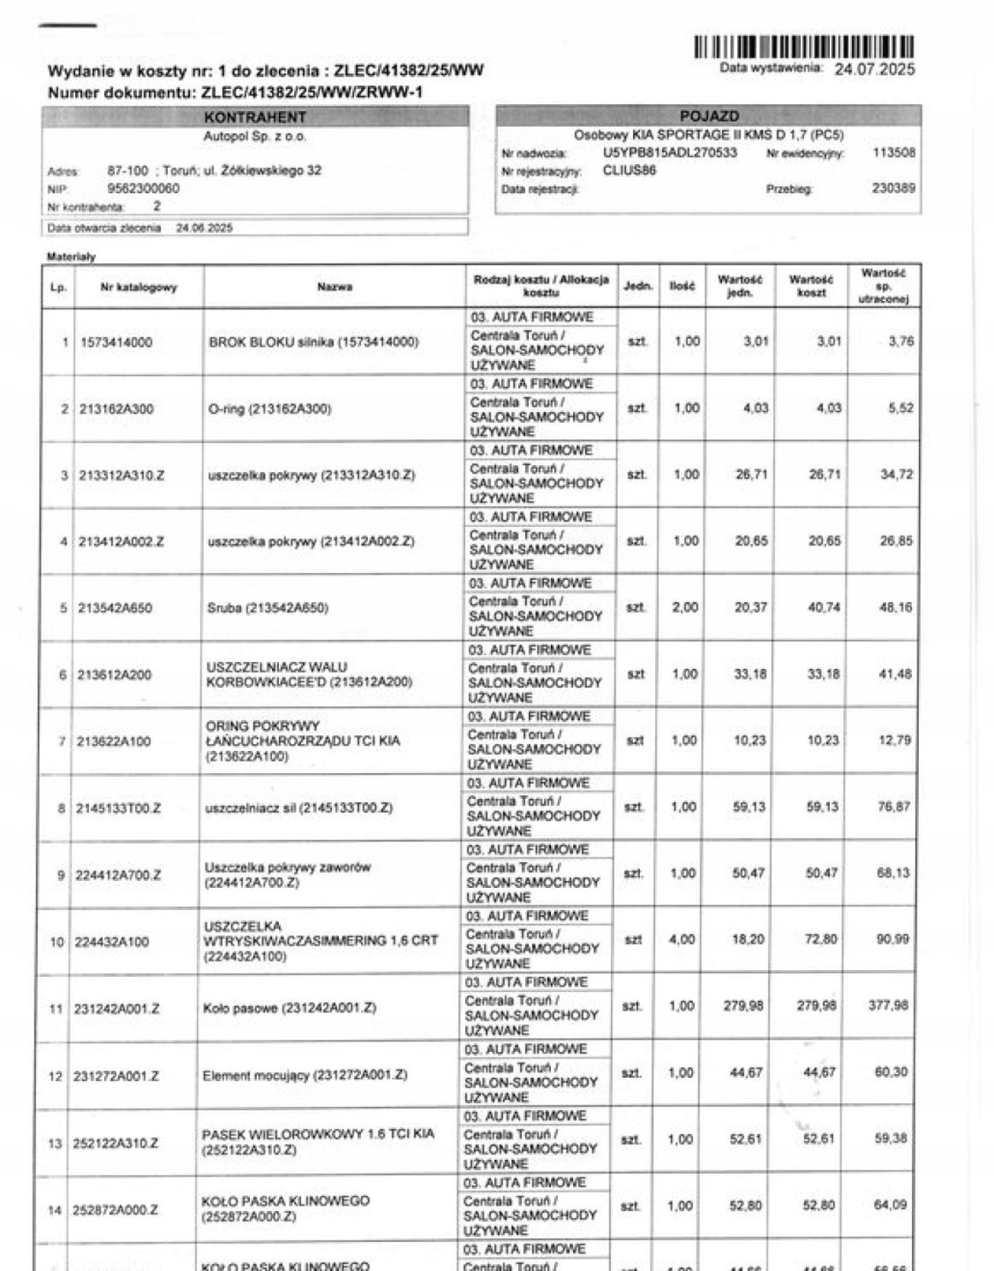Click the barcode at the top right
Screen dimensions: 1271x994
(802, 47)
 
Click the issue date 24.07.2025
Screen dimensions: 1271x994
(874, 69)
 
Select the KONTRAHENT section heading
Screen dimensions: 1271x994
(254, 117)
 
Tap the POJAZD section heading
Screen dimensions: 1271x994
(709, 117)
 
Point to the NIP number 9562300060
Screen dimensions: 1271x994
(143, 188)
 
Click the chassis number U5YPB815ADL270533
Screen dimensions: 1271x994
(669, 153)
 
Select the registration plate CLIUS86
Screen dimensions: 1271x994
(629, 170)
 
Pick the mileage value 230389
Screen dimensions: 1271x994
(893, 188)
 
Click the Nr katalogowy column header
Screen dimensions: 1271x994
(139, 287)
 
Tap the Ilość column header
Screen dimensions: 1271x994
(681, 286)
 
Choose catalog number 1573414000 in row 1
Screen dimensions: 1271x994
(116, 342)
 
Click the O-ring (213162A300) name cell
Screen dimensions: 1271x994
(270, 409)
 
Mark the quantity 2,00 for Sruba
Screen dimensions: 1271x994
(685, 607)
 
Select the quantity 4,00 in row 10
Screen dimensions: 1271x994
(681, 939)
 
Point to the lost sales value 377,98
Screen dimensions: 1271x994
(888, 1005)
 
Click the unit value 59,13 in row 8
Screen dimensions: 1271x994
(749, 807)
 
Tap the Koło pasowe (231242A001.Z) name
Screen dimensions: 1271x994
(290, 1007)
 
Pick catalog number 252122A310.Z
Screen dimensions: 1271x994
(117, 1143)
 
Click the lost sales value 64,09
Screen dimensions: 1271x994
(890, 1205)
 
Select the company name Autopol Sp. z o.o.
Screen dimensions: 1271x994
(254, 137)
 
